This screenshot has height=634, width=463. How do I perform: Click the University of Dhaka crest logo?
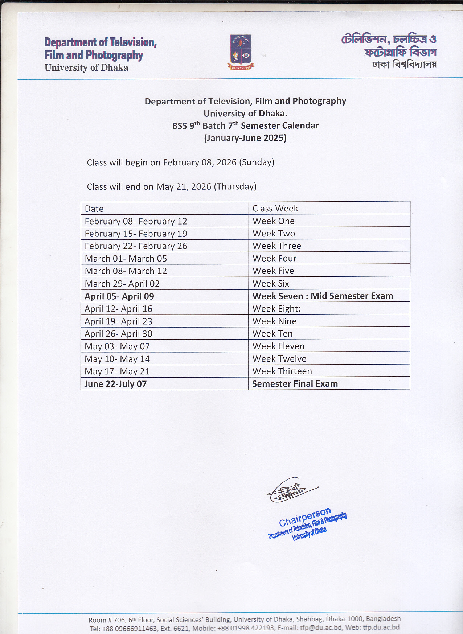pos(241,52)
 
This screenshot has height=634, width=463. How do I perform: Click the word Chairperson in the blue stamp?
pos(305,517)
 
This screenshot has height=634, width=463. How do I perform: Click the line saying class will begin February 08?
pos(180,162)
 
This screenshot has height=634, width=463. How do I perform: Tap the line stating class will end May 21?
pos(172,187)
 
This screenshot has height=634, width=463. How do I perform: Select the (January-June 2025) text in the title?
pos(245,138)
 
